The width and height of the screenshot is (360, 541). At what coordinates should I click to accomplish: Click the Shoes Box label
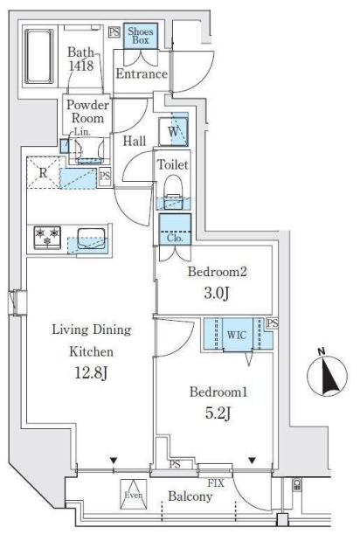(141, 36)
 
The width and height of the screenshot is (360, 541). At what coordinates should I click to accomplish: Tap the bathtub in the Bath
(39, 57)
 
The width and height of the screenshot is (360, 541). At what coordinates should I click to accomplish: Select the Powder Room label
(87, 112)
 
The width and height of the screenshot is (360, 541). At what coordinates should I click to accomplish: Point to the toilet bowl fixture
(174, 191)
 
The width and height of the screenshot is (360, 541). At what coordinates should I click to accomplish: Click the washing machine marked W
(174, 132)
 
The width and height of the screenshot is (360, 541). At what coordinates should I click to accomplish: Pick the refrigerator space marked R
(44, 172)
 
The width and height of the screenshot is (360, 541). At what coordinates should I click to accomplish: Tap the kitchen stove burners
(47, 237)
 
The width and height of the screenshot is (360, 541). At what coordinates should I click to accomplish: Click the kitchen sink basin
(91, 239)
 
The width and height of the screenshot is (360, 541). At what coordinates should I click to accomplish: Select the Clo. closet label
(175, 238)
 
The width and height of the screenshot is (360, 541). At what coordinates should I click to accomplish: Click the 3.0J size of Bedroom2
(217, 294)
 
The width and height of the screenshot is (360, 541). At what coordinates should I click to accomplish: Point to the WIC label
(237, 335)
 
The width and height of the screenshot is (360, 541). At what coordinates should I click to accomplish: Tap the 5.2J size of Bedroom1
(218, 413)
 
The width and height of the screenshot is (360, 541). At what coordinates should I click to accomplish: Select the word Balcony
(190, 496)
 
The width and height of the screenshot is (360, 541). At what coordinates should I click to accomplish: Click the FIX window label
(216, 483)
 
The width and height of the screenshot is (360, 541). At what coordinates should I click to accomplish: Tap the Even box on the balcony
(134, 495)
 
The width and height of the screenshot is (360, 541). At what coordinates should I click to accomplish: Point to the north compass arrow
(328, 377)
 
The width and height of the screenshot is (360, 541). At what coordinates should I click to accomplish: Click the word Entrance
(142, 74)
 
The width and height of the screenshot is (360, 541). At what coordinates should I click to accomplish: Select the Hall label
(135, 141)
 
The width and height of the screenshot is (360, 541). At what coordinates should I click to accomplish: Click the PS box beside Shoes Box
(114, 32)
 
